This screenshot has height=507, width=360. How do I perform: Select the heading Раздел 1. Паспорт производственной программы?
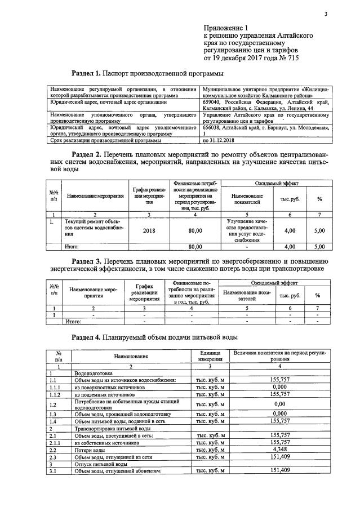coord(147,73)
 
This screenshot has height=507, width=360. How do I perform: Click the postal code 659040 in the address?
coord(214,103)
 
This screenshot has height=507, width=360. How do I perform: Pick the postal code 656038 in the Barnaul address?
coord(214,127)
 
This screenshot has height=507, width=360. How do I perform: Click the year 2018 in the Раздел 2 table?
coord(149,230)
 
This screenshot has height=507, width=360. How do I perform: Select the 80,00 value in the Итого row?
coord(195,246)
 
